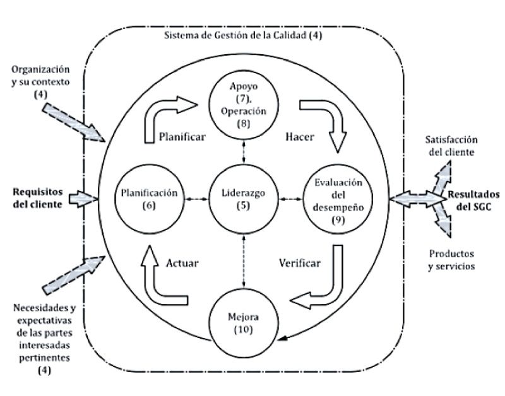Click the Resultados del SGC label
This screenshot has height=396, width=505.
pos(473,198)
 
